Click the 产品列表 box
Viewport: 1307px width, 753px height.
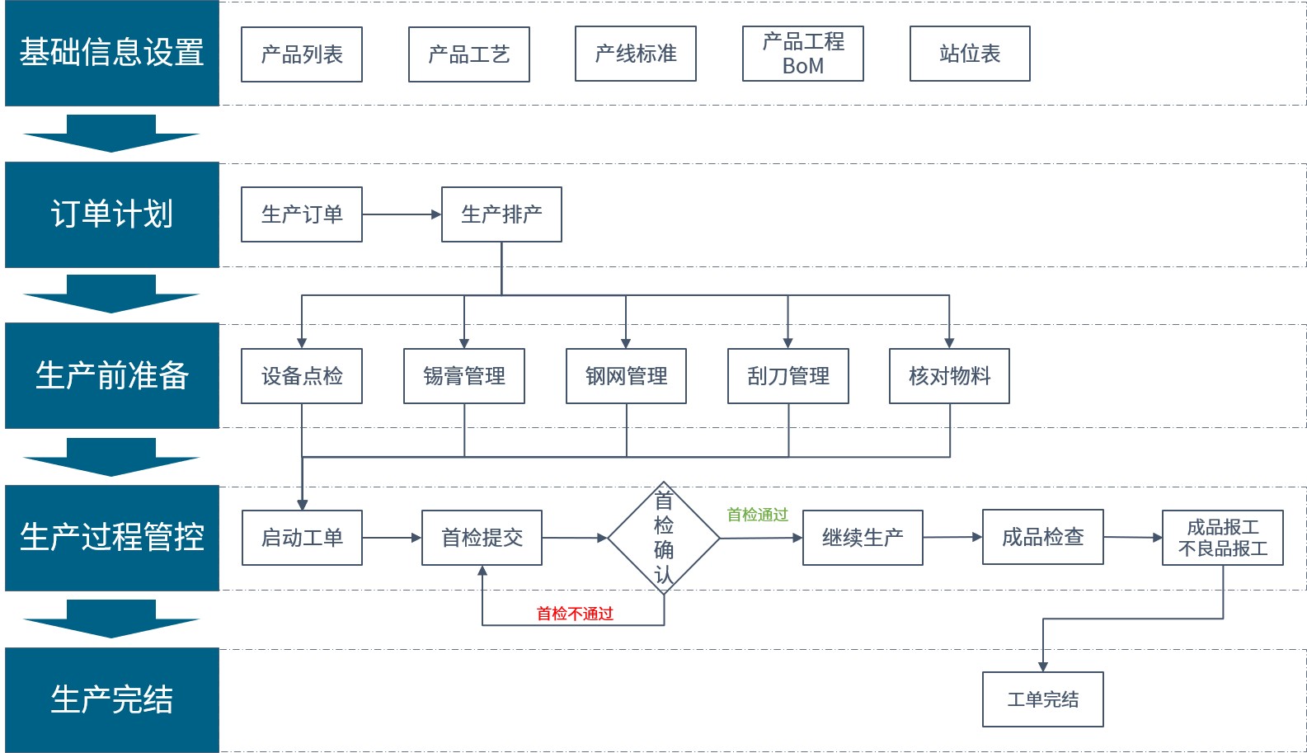(x=302, y=54)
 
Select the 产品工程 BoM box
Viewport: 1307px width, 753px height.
(x=802, y=54)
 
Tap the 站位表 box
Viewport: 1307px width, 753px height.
(x=970, y=54)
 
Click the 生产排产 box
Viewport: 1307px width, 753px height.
(x=501, y=214)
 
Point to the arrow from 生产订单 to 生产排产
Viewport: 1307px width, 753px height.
(x=402, y=214)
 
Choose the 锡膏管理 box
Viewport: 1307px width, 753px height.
(x=463, y=376)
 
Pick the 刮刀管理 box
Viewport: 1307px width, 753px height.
(x=787, y=376)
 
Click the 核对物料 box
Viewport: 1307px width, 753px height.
(x=949, y=376)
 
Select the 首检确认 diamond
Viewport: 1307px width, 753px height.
(x=664, y=538)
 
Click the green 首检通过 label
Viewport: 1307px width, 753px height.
(x=757, y=515)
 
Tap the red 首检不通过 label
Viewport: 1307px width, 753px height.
(x=575, y=614)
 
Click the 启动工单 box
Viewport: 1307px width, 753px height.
(x=302, y=538)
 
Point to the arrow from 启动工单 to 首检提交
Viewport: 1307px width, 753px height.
(x=392, y=538)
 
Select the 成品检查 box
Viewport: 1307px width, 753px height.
(x=1042, y=537)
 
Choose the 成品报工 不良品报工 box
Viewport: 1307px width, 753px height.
(x=1222, y=538)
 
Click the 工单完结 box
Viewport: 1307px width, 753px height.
(x=1042, y=699)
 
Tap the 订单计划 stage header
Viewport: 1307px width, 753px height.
(x=112, y=214)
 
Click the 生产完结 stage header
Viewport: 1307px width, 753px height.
(x=112, y=699)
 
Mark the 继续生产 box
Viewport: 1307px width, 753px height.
(x=863, y=538)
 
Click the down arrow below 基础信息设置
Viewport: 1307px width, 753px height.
(x=111, y=134)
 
